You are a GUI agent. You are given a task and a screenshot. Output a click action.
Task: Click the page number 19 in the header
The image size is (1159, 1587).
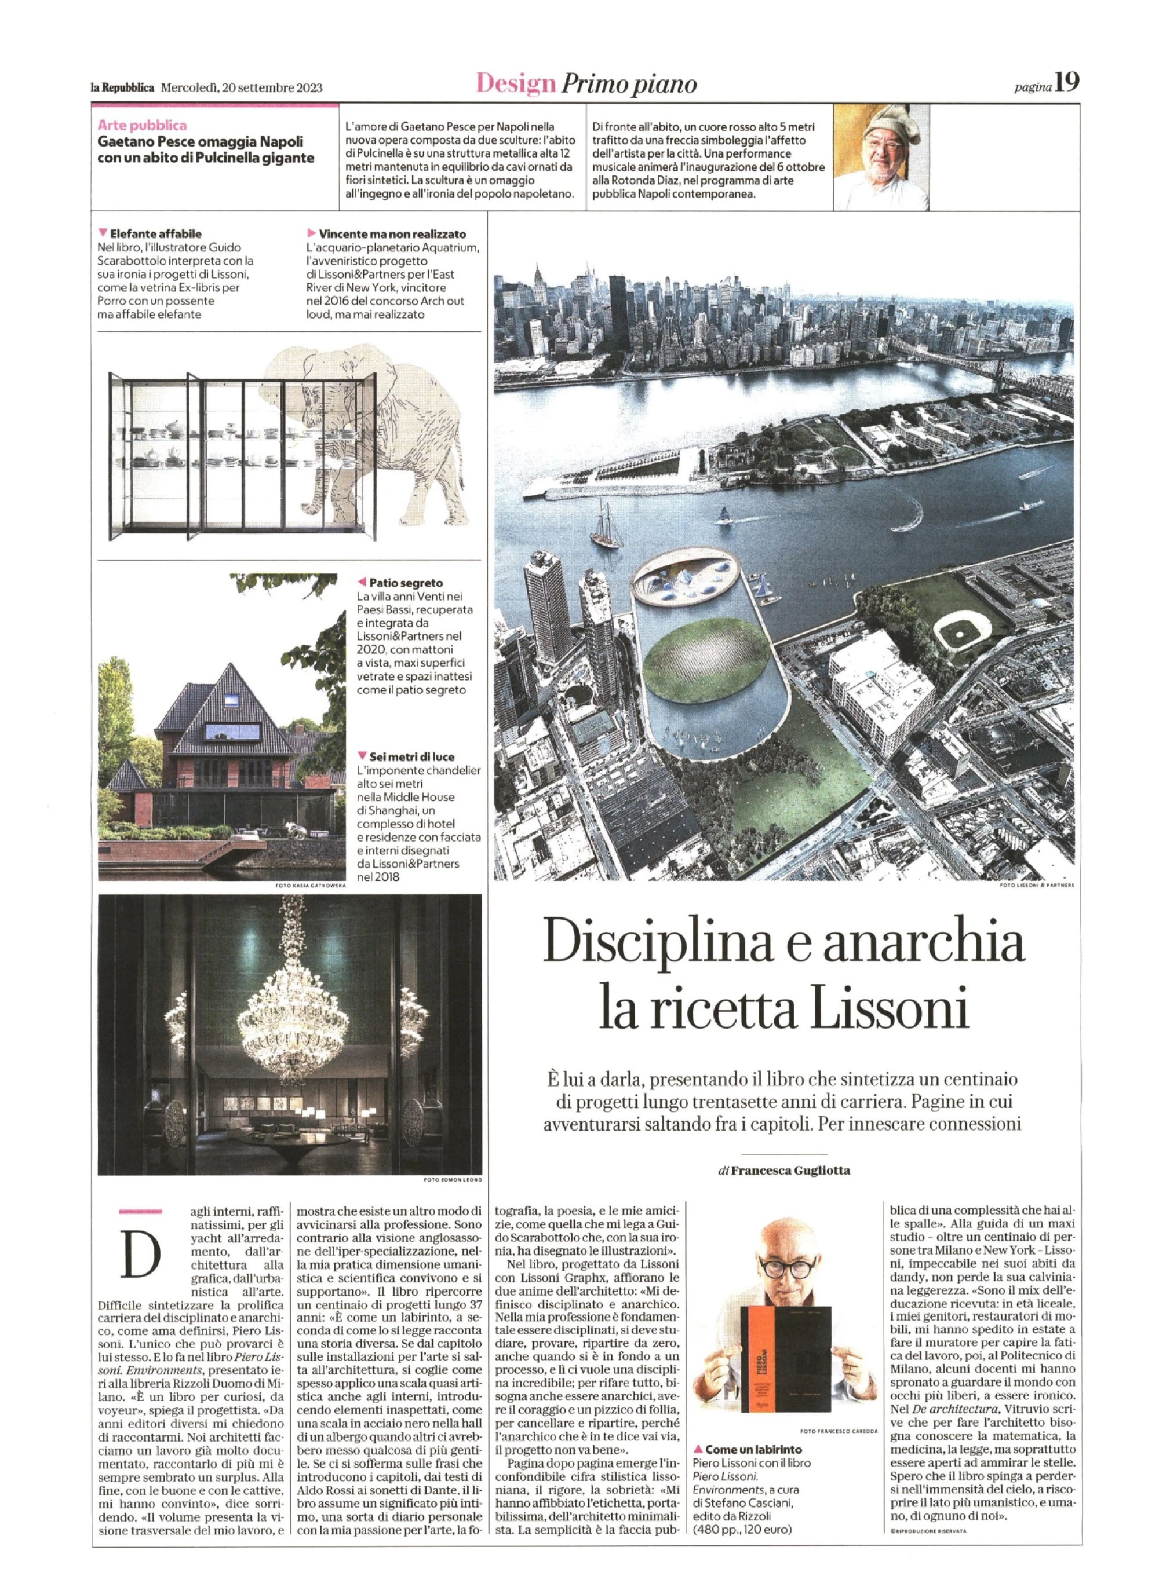[x=1068, y=83]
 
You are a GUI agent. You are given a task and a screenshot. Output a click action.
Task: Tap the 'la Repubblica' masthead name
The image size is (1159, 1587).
[x=123, y=87]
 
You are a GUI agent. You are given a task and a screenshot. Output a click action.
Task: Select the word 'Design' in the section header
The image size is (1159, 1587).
[x=516, y=84]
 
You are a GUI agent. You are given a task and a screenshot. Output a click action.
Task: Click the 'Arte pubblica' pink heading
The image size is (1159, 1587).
[x=143, y=126]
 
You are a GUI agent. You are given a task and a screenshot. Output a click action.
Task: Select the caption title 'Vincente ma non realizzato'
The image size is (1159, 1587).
[x=392, y=234]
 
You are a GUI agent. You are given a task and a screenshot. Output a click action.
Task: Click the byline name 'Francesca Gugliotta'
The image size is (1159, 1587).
[x=789, y=1171]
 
